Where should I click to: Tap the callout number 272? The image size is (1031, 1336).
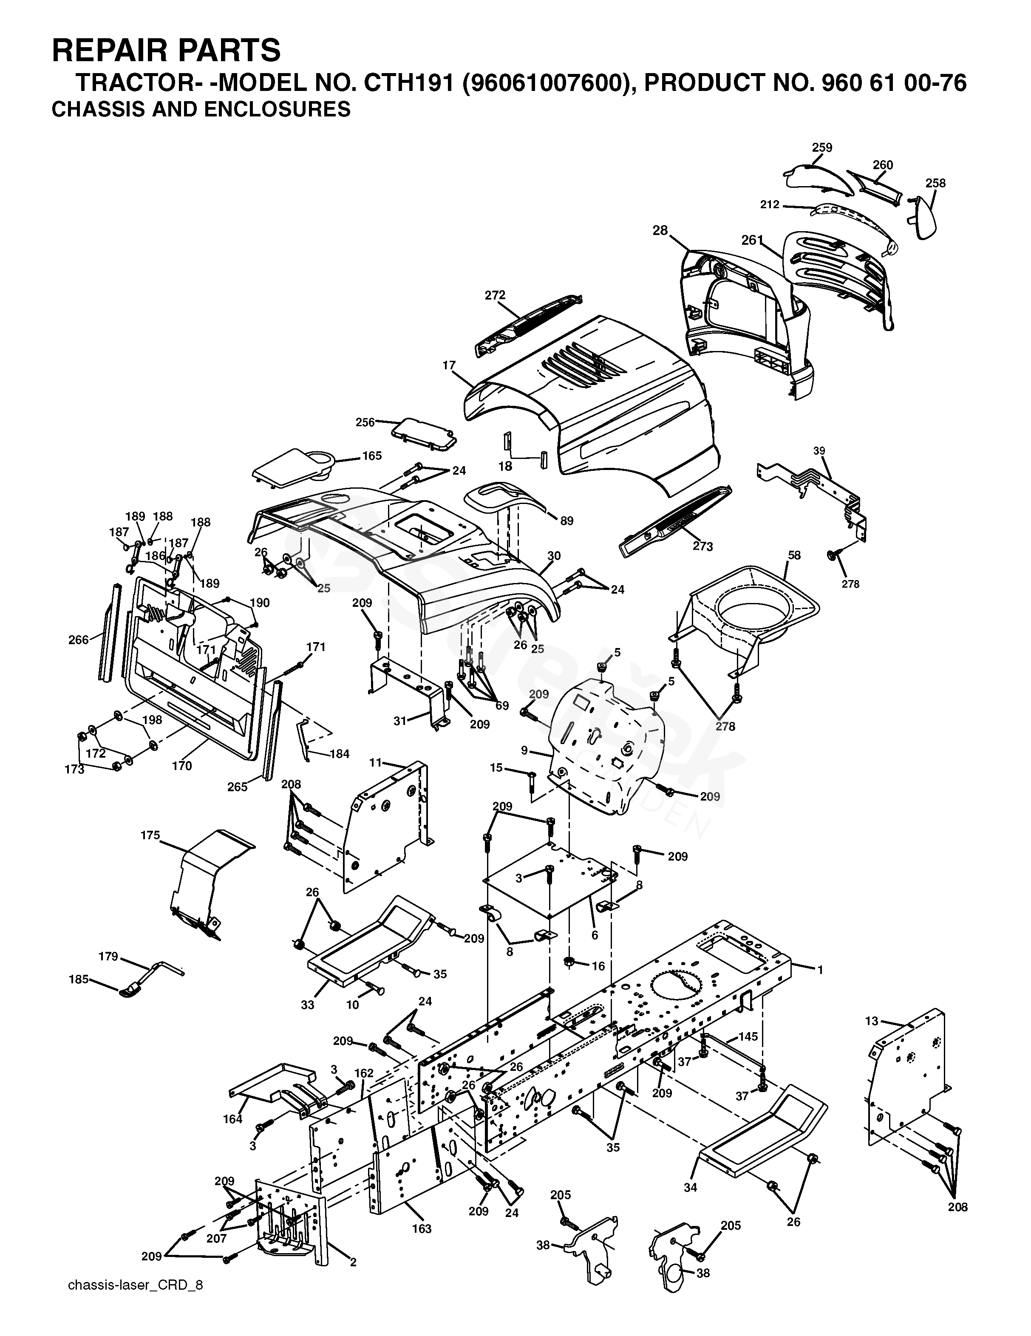click(x=495, y=295)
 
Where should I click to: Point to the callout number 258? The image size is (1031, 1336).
click(x=935, y=183)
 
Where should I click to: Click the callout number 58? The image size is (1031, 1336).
click(x=794, y=555)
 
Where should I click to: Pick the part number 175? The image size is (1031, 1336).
click(x=150, y=835)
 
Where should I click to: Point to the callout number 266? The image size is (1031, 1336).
click(x=78, y=640)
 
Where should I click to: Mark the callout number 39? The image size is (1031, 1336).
click(x=819, y=451)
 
